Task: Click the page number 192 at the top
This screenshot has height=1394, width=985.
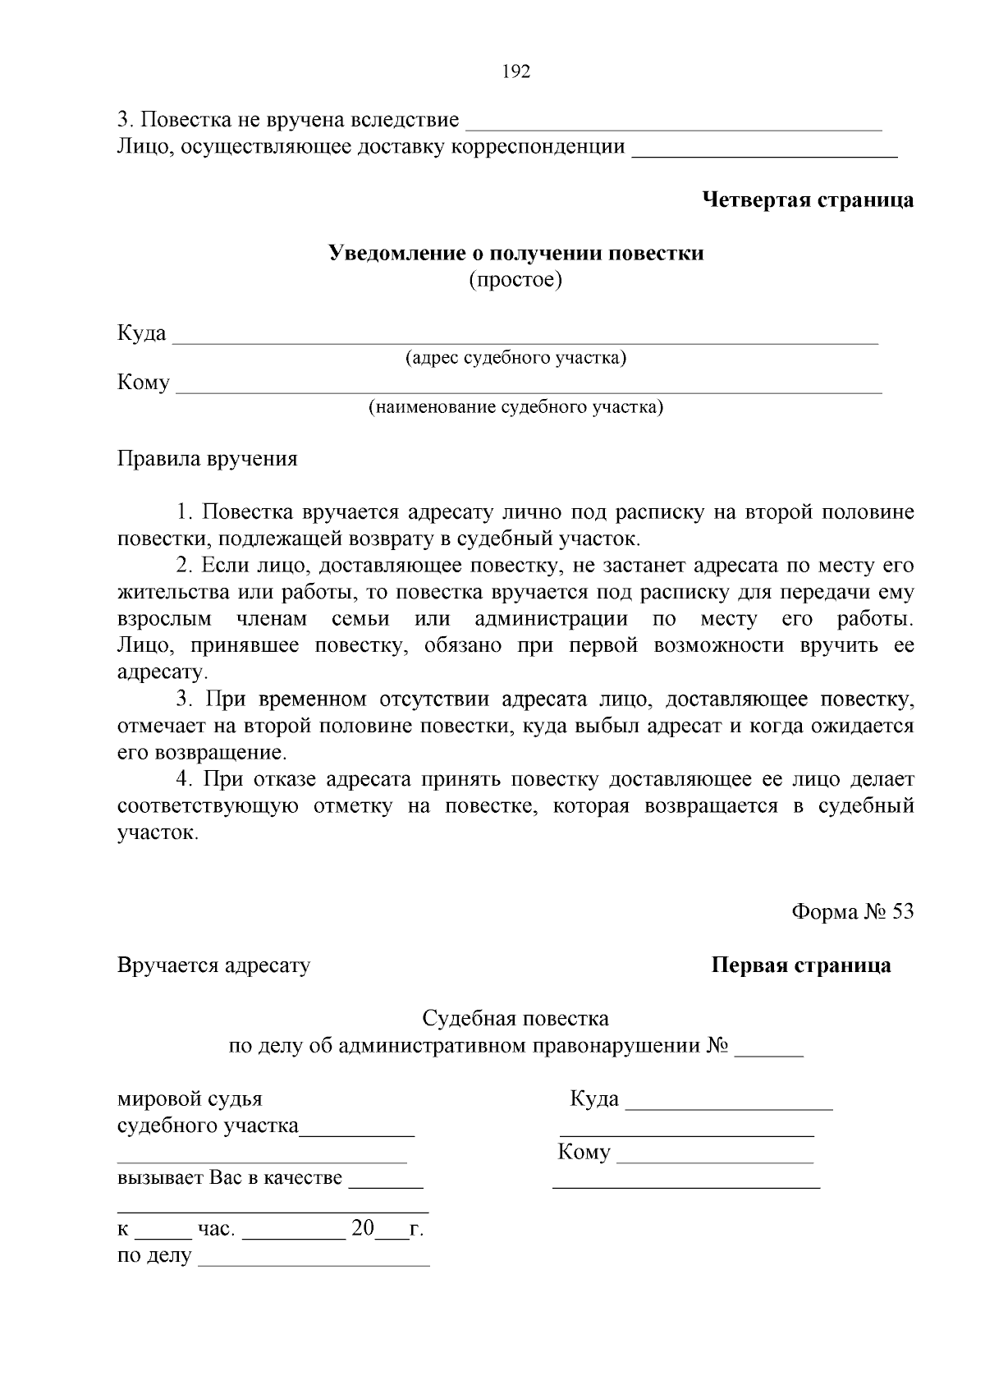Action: tap(515, 71)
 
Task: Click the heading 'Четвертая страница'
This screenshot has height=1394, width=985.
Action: tap(808, 199)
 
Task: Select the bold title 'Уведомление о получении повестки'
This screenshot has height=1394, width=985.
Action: tap(515, 253)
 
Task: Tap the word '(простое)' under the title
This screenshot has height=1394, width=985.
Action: tap(515, 280)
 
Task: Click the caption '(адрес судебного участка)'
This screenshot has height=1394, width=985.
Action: tap(515, 358)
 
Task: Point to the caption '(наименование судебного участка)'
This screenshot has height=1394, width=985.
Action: tap(515, 407)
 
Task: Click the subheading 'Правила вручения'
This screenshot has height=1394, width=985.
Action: tap(207, 458)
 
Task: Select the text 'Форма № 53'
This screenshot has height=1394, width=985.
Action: tap(852, 912)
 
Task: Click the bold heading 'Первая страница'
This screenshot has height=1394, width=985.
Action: tap(800, 965)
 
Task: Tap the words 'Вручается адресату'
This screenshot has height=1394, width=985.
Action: tap(213, 965)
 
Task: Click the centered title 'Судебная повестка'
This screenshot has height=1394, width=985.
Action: tap(515, 1019)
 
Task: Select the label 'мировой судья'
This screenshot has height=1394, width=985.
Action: tap(190, 1098)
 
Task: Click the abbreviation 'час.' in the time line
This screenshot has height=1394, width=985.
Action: tap(217, 1229)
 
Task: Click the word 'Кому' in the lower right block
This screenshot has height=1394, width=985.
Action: tap(584, 1152)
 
